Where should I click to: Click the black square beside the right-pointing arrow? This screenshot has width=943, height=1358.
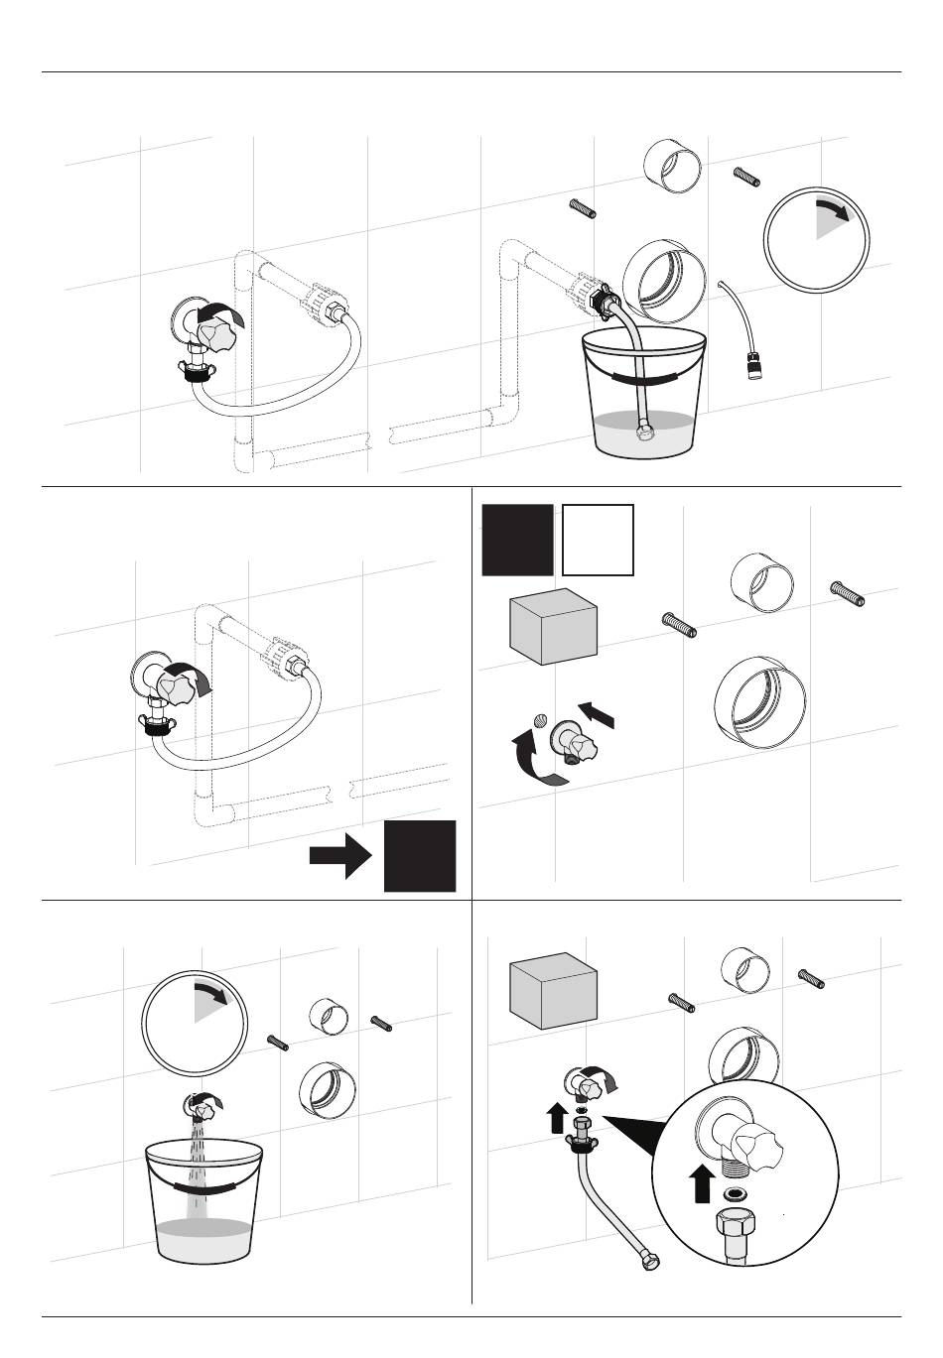420,855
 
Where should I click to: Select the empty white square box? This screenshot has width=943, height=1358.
598,540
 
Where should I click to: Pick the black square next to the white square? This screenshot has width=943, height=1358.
517,540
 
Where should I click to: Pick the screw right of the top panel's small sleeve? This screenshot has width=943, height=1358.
745,178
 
